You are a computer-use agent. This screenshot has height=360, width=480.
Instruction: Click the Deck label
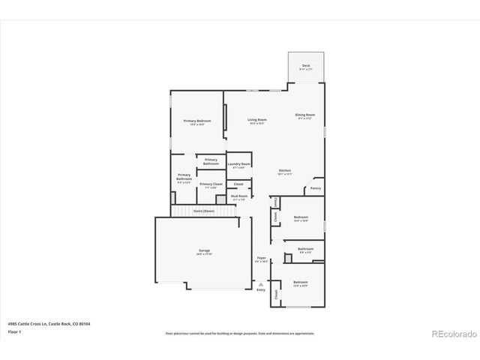306,66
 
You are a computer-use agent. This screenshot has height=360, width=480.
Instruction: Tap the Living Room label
258,119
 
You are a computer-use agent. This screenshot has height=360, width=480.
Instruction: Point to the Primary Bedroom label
197,120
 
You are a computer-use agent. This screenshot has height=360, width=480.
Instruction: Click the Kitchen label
285,170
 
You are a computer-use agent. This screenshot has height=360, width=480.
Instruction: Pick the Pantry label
316,188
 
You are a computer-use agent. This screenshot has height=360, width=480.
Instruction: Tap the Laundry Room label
239,163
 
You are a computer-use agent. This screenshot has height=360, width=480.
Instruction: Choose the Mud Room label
239,196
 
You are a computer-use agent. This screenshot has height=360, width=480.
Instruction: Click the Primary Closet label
211,183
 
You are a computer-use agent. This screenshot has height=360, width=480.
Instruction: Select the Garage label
204,250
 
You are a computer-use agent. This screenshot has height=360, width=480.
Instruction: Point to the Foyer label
261,257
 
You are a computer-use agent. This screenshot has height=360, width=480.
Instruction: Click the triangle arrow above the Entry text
261,284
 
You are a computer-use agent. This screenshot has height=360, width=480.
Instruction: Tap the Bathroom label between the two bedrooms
305,248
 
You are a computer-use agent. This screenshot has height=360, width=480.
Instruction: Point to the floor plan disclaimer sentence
240,333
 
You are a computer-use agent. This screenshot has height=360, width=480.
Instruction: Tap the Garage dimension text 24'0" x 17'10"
204,254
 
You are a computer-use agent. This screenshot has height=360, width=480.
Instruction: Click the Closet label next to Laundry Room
238,184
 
